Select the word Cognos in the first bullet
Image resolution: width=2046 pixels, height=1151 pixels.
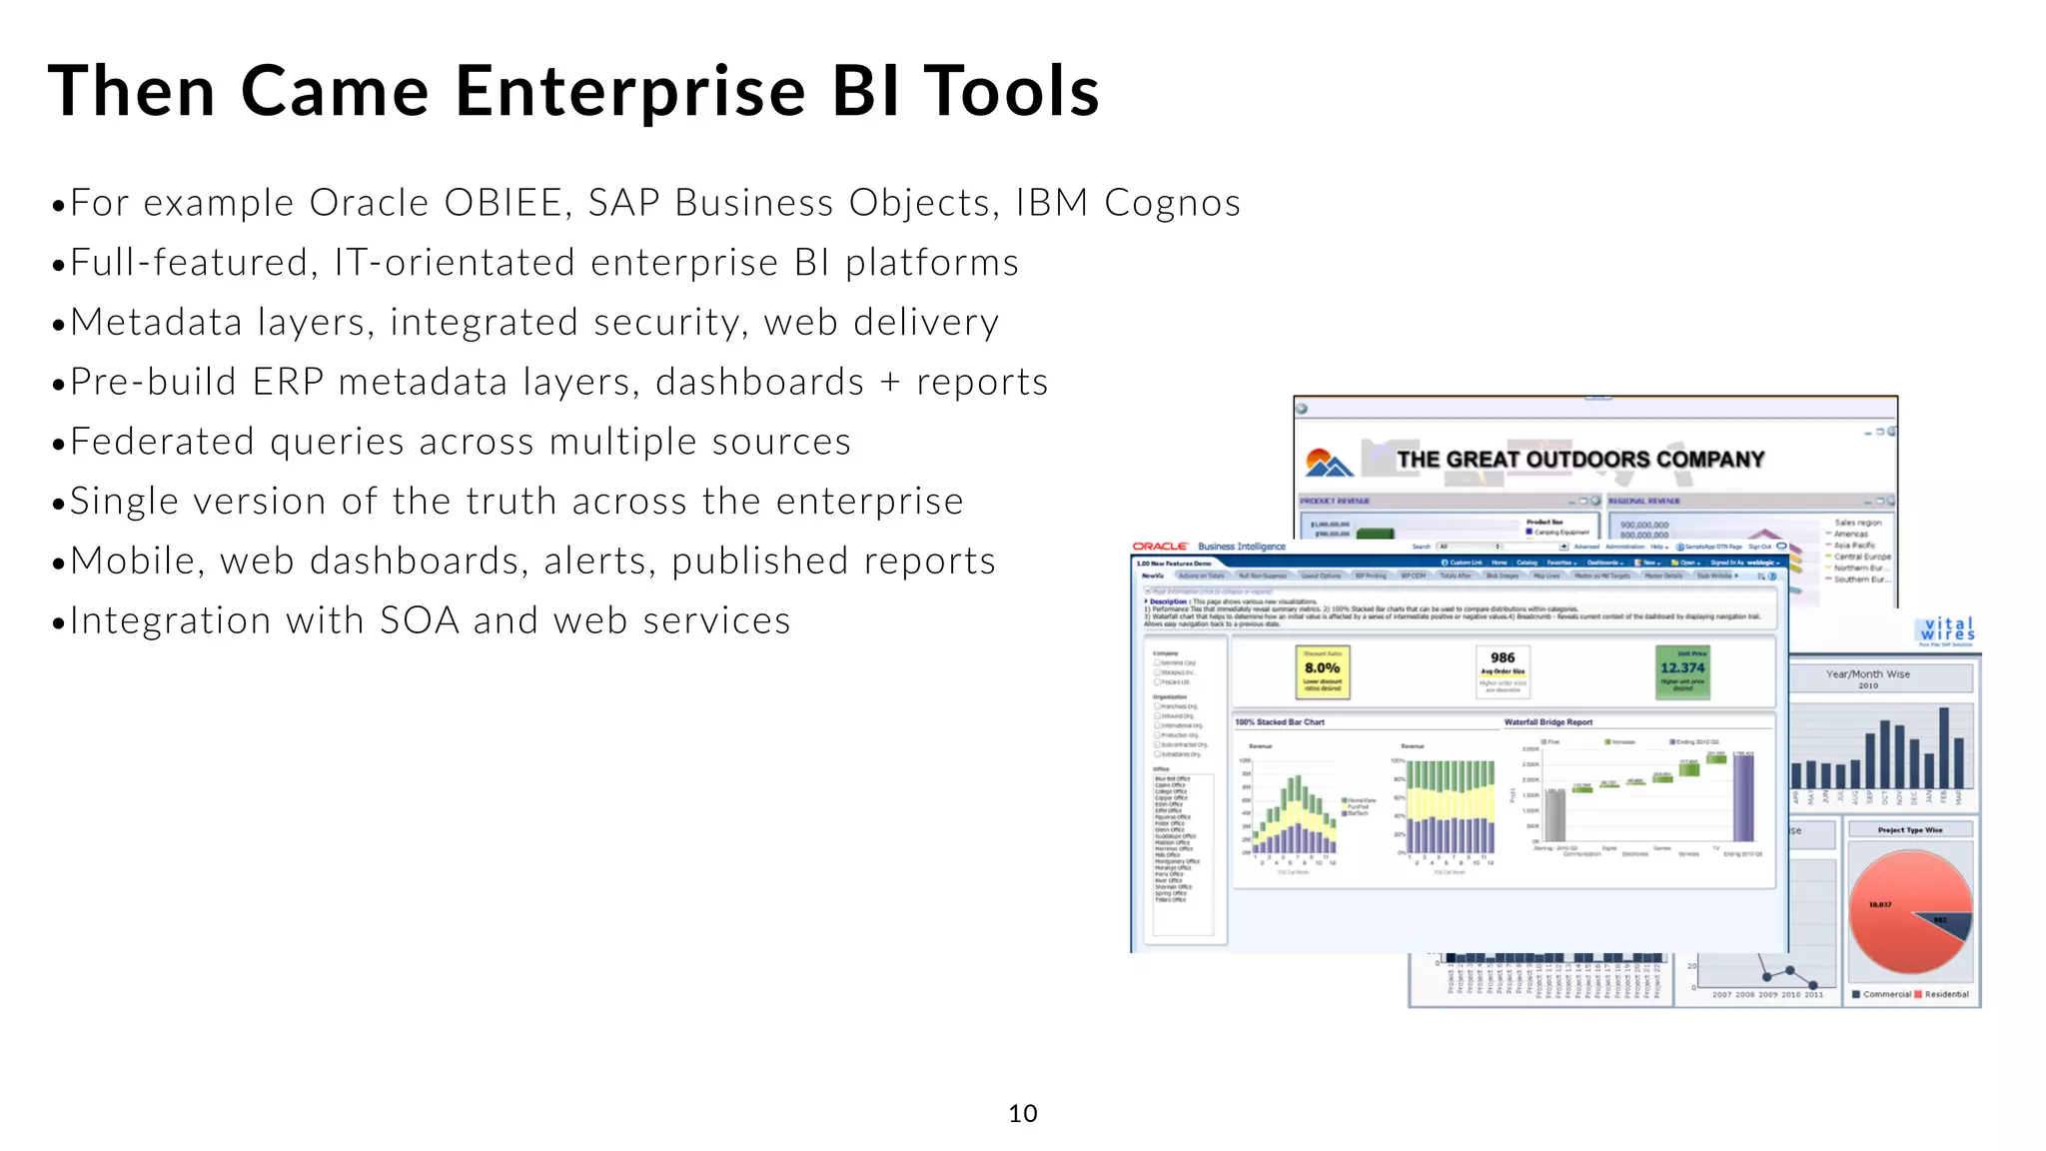(x=1172, y=203)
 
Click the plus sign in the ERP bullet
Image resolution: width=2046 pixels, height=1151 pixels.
(x=890, y=383)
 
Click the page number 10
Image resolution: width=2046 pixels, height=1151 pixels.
(x=1022, y=1113)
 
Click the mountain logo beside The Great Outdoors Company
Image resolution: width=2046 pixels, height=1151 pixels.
(x=1329, y=463)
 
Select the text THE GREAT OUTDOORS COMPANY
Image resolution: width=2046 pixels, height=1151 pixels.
(x=1579, y=460)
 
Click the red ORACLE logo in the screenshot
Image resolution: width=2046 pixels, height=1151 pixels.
(x=1160, y=547)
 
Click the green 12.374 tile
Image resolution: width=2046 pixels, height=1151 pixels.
(x=1682, y=670)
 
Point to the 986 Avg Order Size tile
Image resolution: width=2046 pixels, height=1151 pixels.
(x=1503, y=668)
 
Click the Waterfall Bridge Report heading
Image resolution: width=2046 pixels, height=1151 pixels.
(x=1547, y=721)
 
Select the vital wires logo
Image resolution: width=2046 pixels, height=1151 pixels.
(x=1946, y=629)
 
